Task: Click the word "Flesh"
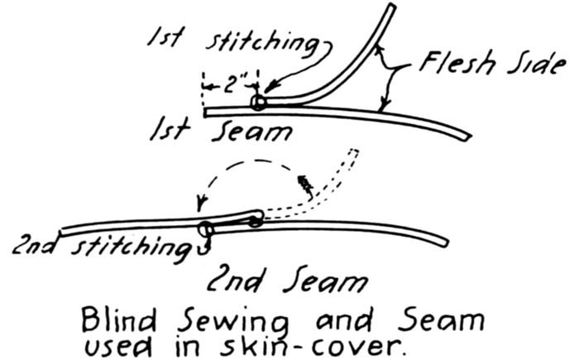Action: point(457,62)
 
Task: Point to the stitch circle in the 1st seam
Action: point(259,103)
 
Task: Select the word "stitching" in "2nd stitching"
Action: point(141,247)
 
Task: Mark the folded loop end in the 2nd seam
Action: point(256,218)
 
